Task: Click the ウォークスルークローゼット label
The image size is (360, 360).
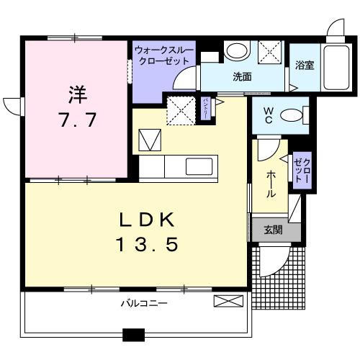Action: (x=163, y=55)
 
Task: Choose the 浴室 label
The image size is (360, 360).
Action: (x=304, y=66)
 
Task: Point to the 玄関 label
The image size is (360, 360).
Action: (x=272, y=230)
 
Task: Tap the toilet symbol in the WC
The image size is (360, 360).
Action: (x=292, y=115)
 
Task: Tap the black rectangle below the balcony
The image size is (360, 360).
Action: (x=133, y=334)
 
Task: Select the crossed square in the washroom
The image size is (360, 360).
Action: (x=270, y=51)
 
